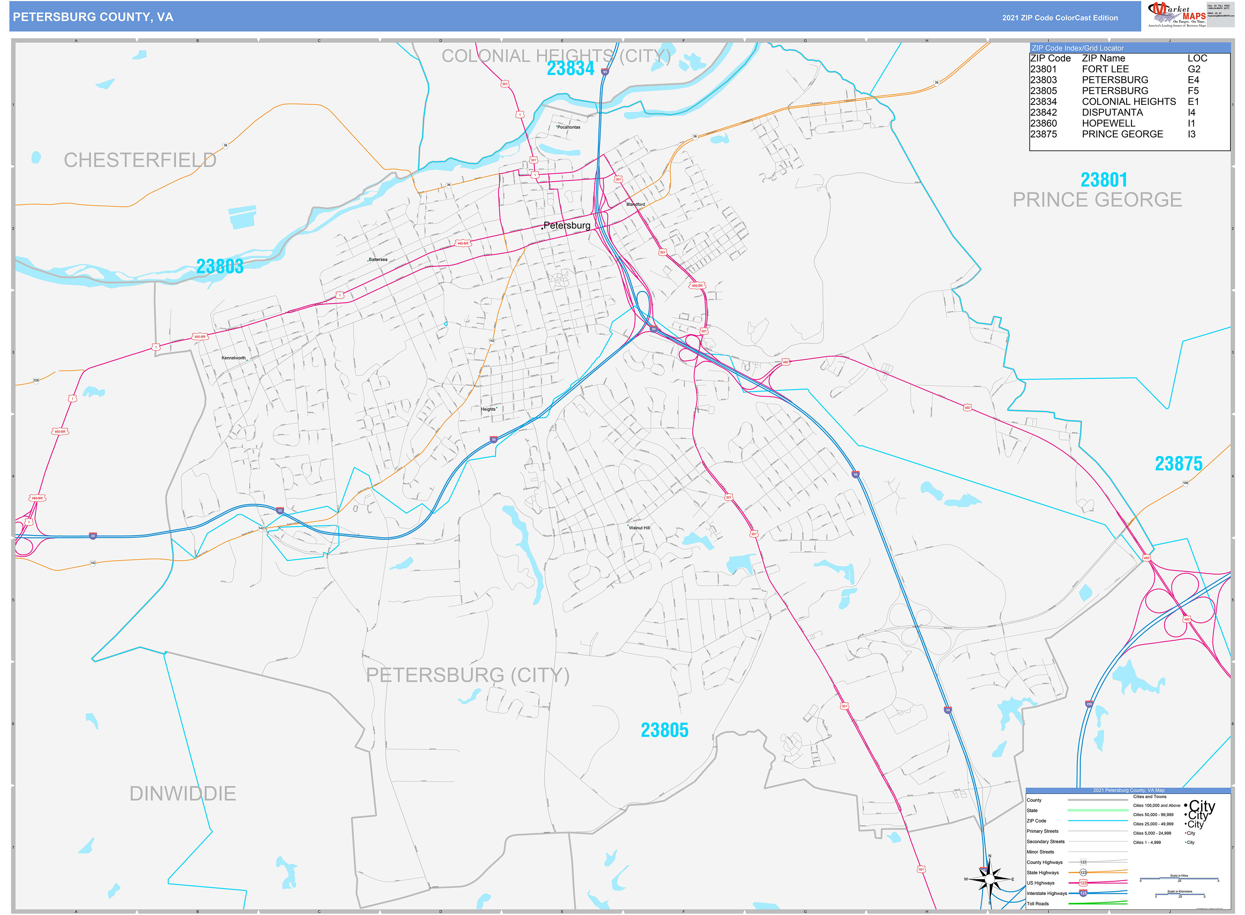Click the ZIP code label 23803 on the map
click(x=220, y=266)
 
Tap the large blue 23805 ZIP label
click(x=664, y=730)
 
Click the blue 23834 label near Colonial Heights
click(x=570, y=69)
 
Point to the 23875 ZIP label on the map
click(x=1178, y=463)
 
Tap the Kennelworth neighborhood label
click(x=233, y=358)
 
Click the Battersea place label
click(x=378, y=259)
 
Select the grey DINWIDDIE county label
click(x=182, y=794)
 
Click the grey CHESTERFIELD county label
click(x=140, y=160)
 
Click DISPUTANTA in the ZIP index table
click(x=1112, y=112)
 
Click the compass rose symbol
click(x=989, y=879)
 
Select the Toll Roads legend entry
click(x=1037, y=903)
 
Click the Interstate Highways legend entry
click(x=1046, y=893)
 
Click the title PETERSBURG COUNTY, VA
click(x=93, y=17)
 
